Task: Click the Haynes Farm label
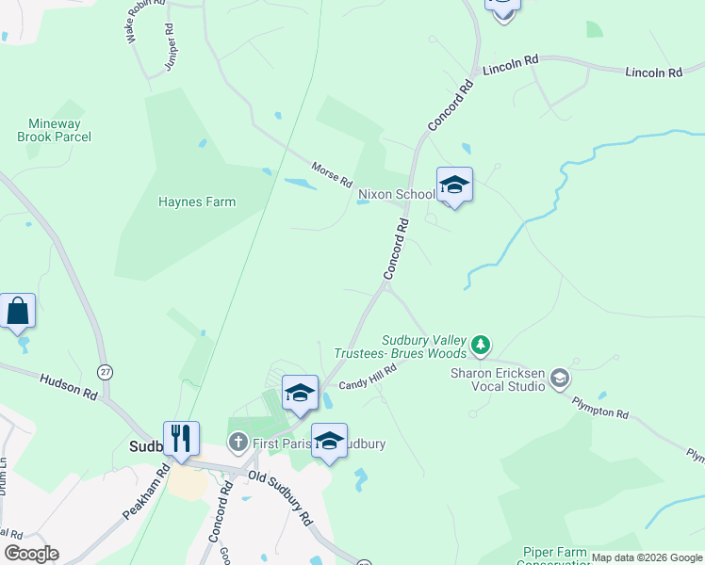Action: point(197,202)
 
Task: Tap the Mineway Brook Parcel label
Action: point(55,130)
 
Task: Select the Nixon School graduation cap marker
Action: point(454,186)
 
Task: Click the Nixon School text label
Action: point(396,195)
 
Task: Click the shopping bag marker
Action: point(18,311)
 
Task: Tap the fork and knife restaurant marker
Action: point(181,439)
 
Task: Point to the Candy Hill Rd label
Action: point(367,378)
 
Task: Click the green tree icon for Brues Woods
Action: point(481,346)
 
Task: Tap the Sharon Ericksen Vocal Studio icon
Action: point(560,379)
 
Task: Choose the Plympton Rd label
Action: point(599,408)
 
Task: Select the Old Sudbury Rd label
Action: point(280,497)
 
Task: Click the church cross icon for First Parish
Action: point(238,442)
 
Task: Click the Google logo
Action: point(31,554)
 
